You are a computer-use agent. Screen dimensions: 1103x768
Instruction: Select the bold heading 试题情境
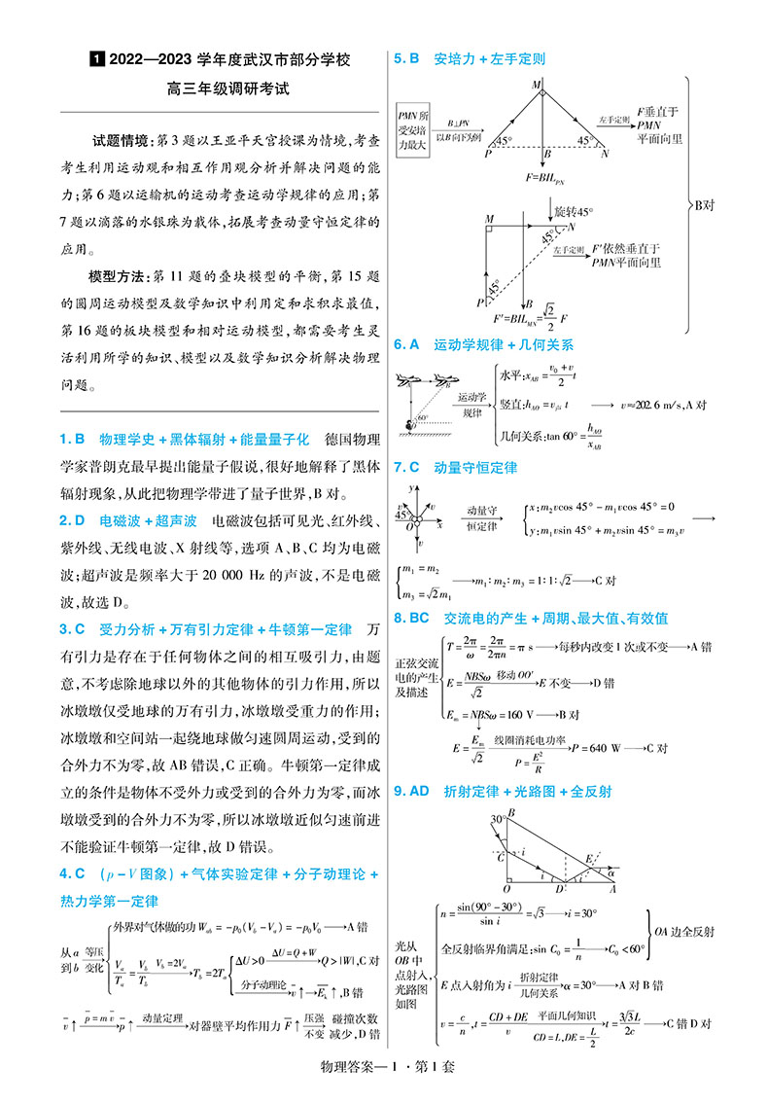point(119,140)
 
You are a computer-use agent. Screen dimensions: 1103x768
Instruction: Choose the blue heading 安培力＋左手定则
point(489,58)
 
